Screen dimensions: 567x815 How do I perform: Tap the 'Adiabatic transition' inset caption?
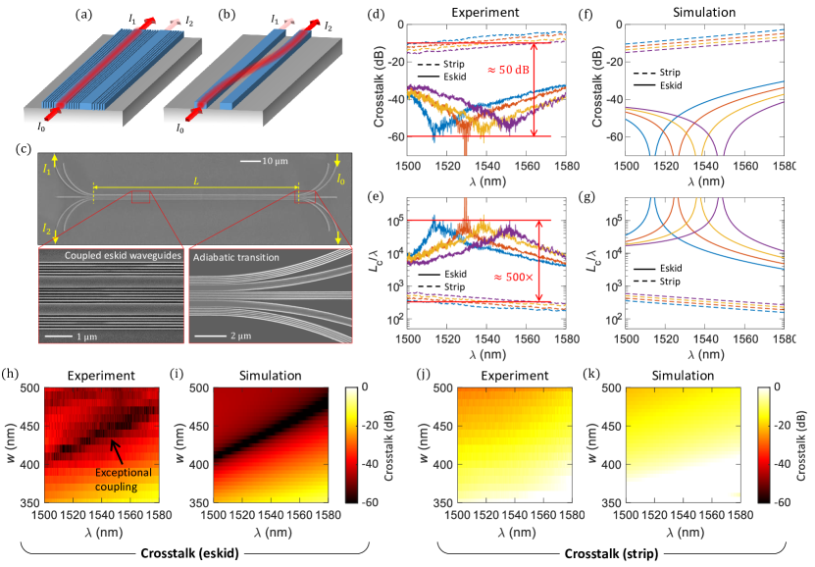243,257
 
